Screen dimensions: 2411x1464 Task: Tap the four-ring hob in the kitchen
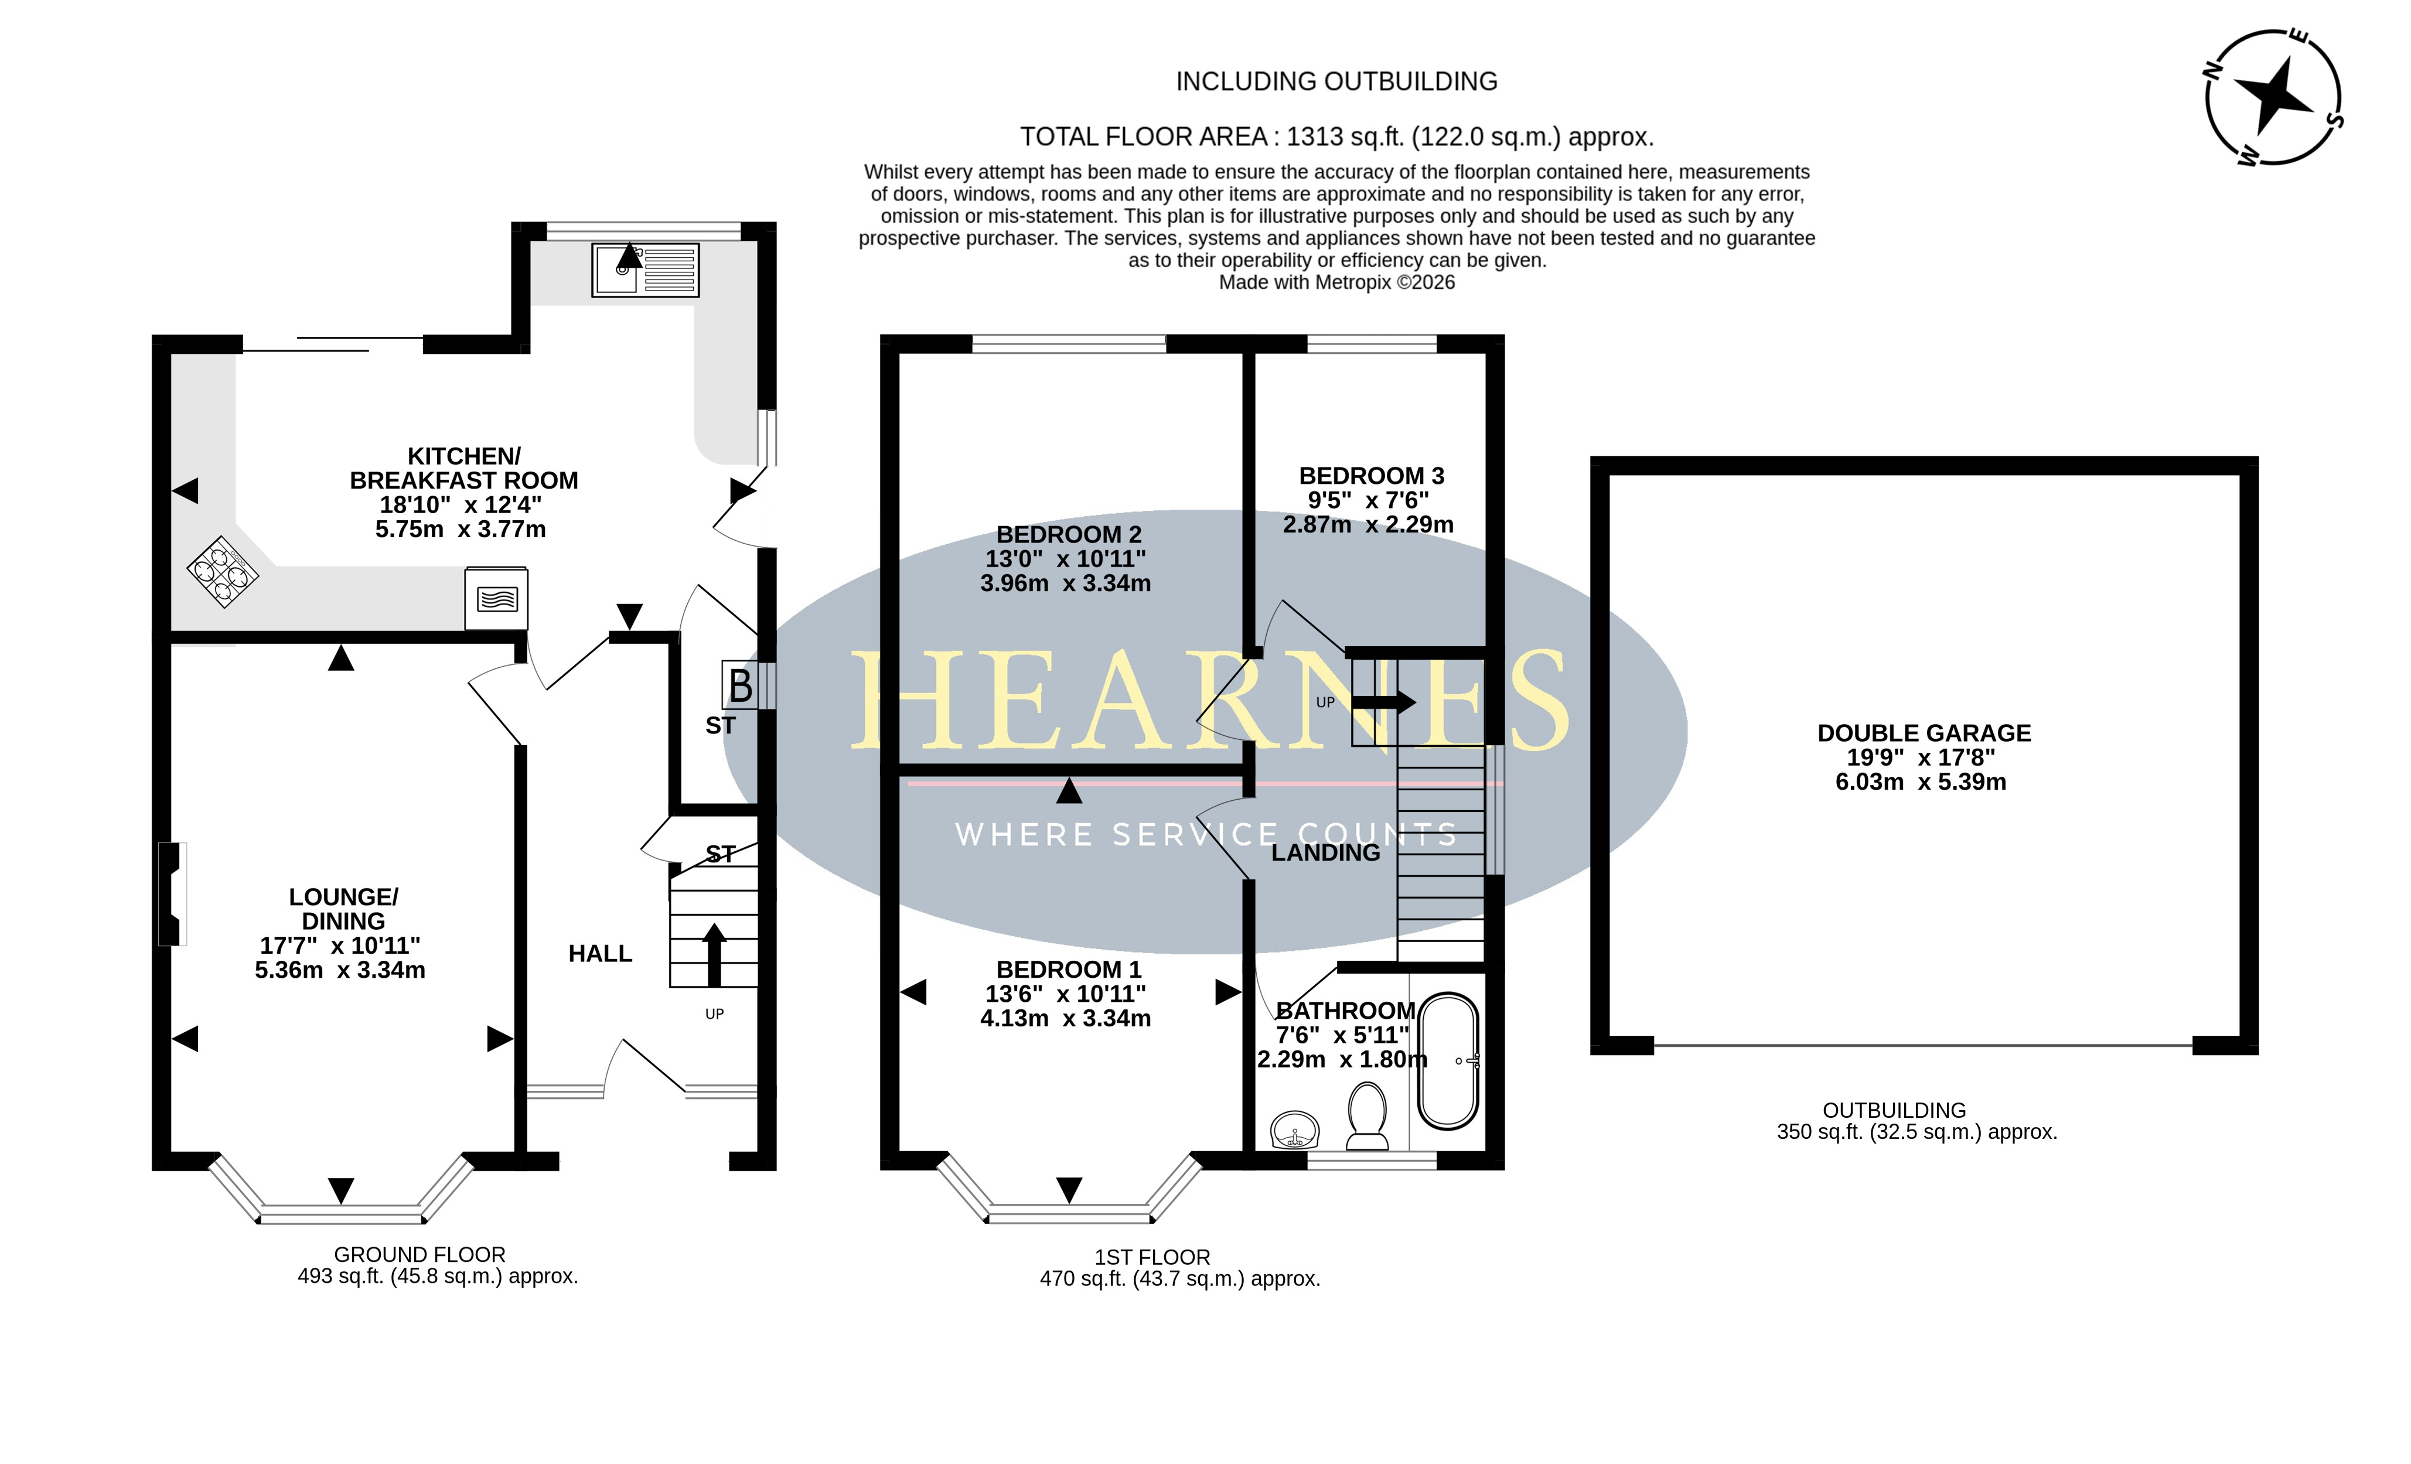click(x=223, y=572)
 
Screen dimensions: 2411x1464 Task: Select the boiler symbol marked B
click(x=741, y=685)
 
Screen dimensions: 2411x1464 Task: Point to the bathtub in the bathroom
click(x=1448, y=1062)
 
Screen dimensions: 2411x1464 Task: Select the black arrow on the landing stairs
click(x=1382, y=702)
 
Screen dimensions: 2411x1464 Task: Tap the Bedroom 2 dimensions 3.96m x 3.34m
click(x=1066, y=583)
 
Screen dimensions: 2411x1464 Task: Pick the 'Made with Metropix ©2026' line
click(x=1336, y=283)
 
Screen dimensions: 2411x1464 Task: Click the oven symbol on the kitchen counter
click(x=496, y=598)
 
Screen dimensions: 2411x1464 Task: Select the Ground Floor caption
click(x=420, y=1255)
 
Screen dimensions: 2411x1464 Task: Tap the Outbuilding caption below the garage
click(x=1894, y=1111)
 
